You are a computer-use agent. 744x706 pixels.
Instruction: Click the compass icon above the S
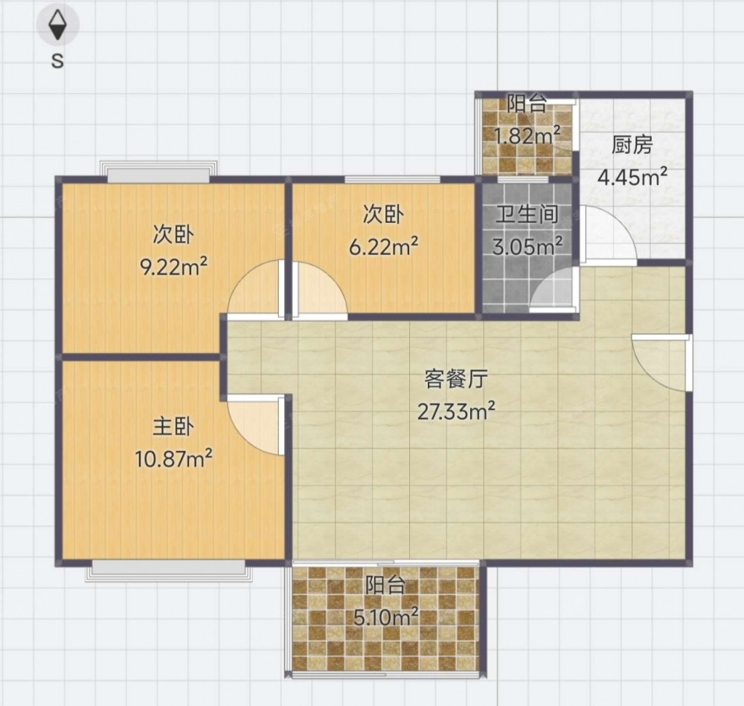[x=58, y=25]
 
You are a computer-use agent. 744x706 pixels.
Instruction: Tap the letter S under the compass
[x=57, y=61]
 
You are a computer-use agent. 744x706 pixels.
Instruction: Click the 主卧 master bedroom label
[x=173, y=427]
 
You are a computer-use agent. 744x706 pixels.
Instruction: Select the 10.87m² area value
[x=173, y=459]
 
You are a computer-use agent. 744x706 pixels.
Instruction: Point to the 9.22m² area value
[x=173, y=267]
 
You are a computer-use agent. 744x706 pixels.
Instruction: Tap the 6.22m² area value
[x=383, y=247]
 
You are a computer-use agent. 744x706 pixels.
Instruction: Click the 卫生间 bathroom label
[x=527, y=215]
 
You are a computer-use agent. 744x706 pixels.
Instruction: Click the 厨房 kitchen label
[x=632, y=145]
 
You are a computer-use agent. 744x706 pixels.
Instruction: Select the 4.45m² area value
[x=632, y=177]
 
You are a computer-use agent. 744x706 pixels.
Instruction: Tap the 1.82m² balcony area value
[x=527, y=135]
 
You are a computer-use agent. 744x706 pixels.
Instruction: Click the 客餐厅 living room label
[x=456, y=379]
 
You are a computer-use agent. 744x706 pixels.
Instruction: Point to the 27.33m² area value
[x=456, y=411]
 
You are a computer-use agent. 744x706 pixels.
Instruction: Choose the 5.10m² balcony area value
[x=385, y=616]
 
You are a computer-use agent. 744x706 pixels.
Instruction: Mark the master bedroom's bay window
[x=168, y=570]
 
